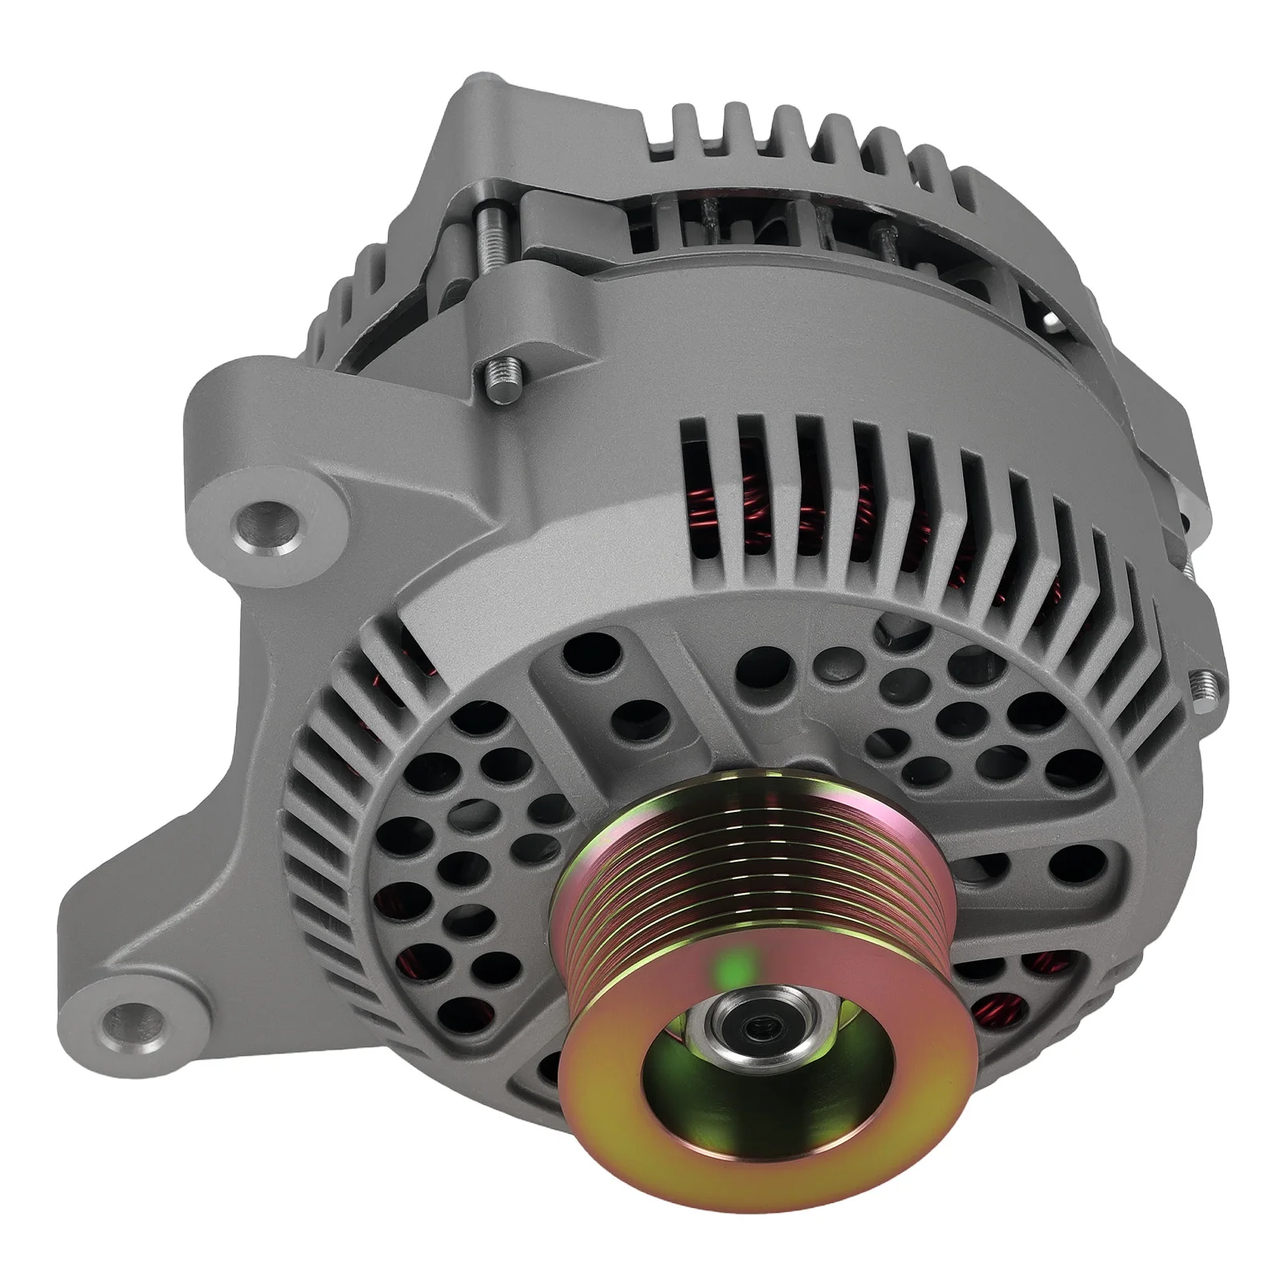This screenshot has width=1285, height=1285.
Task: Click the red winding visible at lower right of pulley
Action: pos(996,1020)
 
